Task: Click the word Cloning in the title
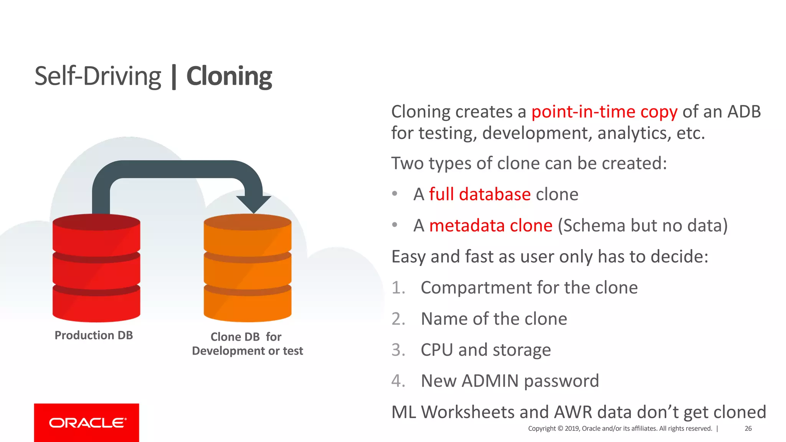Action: pos(229,76)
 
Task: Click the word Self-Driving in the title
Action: pos(97,76)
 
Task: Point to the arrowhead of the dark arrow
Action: pos(254,203)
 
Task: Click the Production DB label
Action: pos(94,335)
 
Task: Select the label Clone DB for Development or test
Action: pos(247,344)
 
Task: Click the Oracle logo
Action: pos(87,423)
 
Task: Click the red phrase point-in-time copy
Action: pos(604,112)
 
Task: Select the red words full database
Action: pos(480,194)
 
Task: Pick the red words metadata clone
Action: pos(490,225)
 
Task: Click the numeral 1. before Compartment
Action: pos(398,288)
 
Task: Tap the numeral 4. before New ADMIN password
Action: pos(398,381)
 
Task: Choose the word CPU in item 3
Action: pos(436,350)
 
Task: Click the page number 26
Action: pos(748,429)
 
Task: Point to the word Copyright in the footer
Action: pos(542,429)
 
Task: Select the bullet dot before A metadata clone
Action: pos(395,225)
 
